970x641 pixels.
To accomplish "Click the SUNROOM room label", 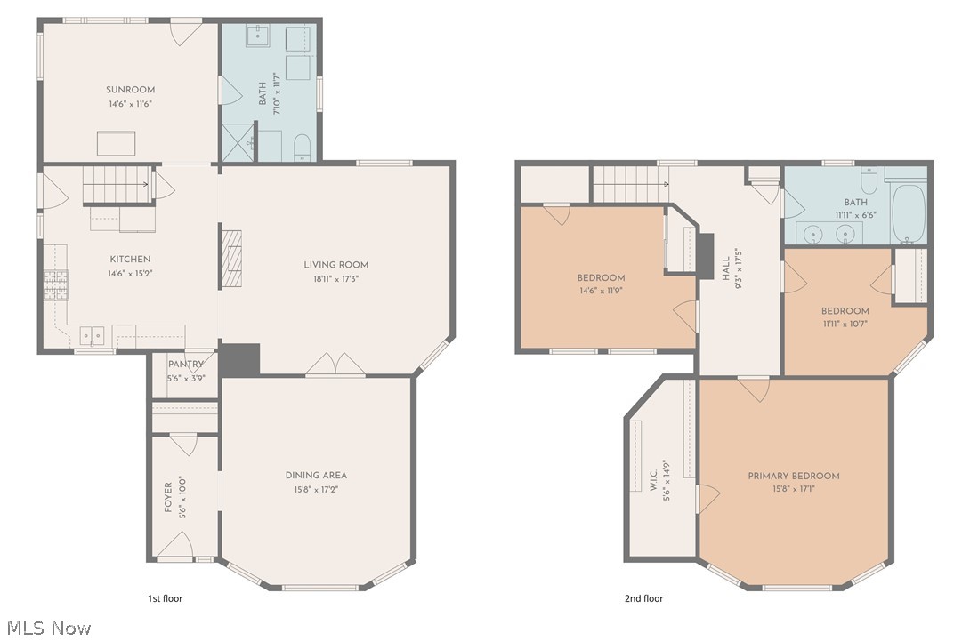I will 130,90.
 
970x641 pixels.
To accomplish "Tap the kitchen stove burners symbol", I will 56,284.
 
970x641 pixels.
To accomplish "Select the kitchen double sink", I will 92,335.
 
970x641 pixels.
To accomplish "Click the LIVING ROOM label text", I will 335,265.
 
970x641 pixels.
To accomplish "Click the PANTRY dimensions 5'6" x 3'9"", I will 187,379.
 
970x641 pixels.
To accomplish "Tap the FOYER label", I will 168,498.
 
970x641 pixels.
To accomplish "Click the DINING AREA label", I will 316,476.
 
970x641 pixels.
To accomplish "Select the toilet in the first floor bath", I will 302,147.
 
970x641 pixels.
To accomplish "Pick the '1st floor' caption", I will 165,599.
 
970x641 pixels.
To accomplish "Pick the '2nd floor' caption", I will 643,599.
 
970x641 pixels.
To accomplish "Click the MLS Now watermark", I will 46,629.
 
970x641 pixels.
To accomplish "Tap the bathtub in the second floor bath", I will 909,212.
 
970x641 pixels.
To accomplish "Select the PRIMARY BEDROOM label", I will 793,477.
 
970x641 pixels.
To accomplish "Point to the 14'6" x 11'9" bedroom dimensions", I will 601,291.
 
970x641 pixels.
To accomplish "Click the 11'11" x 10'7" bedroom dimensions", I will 845,324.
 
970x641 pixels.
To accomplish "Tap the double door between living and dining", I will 335,365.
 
